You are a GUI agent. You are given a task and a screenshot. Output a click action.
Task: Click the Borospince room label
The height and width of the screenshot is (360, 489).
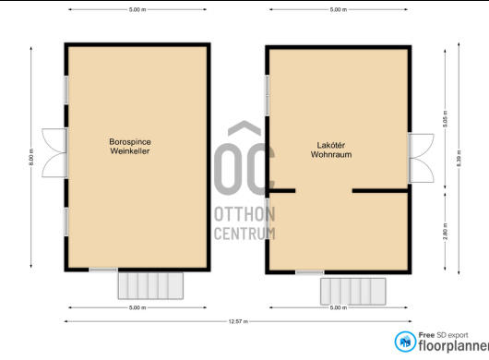pos(130,142)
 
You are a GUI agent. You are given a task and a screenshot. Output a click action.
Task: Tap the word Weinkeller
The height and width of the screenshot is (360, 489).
pos(130,151)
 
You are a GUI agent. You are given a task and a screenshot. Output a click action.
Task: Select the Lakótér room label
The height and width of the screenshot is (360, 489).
pos(331,145)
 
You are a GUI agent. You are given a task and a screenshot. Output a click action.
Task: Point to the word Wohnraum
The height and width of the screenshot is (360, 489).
pos(331,154)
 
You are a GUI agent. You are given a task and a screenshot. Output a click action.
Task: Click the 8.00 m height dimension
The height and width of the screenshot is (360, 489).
pos(31,157)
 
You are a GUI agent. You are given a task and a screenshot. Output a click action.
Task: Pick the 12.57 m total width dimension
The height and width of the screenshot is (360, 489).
pos(238,321)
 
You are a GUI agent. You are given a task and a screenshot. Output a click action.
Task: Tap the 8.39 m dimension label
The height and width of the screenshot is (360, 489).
pos(459,158)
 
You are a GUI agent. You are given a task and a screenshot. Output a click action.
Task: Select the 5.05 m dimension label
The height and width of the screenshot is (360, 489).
pos(445,119)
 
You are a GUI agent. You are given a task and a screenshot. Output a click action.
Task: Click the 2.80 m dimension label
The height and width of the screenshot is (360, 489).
pos(445,232)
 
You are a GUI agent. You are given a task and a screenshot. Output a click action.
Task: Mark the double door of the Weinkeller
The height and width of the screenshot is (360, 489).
pos(54,153)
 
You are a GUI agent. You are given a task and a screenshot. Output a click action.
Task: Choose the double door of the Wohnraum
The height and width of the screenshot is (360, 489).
pos(421,158)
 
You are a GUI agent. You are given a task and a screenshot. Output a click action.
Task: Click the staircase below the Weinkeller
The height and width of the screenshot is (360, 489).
pos(150,286)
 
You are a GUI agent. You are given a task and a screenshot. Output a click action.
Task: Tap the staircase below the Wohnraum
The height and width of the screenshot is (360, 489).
pos(353,292)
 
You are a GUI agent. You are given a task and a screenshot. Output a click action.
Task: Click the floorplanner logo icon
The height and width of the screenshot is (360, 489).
pos(405,342)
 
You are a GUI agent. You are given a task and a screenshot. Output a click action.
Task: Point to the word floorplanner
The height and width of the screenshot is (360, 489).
pos(453,345)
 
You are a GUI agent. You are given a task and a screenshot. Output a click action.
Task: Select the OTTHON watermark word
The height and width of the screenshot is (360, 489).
pos(244,214)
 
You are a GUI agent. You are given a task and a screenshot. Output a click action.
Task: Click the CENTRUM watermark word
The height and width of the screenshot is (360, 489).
pos(244,234)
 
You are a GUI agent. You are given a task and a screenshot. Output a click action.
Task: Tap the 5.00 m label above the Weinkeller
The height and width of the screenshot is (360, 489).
pos(137,9)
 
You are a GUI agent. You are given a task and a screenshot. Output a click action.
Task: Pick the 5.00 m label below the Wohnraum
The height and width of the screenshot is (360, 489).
pos(339,307)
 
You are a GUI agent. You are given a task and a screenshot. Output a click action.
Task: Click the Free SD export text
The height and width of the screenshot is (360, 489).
pos(443,335)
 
